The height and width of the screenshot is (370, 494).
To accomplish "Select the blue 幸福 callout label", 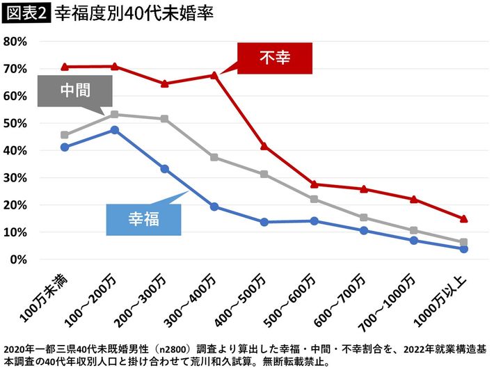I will [x=143, y=219].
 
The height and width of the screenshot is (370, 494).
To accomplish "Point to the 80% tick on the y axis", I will [x=15, y=41].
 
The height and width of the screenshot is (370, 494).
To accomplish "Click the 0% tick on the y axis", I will [x=18, y=259].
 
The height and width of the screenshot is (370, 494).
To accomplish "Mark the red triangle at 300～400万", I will [x=214, y=74].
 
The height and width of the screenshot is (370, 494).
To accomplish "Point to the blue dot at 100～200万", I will [x=114, y=130].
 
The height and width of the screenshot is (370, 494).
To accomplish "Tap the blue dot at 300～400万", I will [x=214, y=207].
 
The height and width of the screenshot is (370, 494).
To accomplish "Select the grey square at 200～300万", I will [x=164, y=119].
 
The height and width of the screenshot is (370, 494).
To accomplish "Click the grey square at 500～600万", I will [x=314, y=199].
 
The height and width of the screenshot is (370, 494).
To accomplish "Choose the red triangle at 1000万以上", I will [x=464, y=218].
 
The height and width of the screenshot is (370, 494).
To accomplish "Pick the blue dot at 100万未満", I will [x=65, y=147].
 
